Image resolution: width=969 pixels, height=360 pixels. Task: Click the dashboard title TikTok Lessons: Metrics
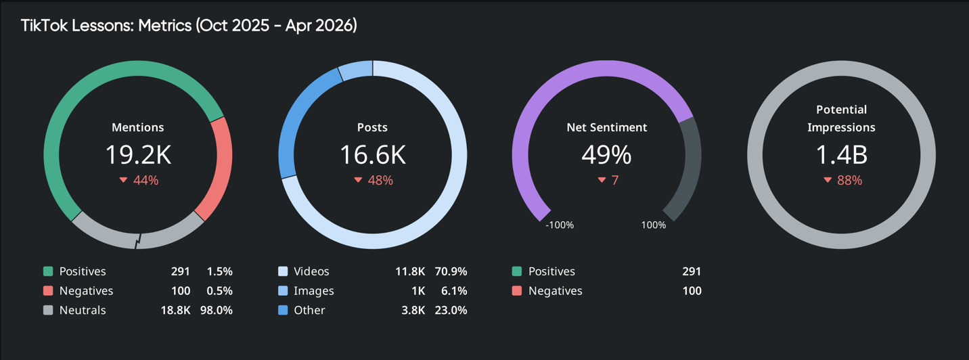tap(189, 26)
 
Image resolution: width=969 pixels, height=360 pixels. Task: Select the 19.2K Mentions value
tap(138, 155)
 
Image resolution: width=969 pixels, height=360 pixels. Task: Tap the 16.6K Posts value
tap(373, 155)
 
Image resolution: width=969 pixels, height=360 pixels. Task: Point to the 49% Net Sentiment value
tap(606, 155)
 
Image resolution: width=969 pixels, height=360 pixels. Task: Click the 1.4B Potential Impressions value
tap(841, 155)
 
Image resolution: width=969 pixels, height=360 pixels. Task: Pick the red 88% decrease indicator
tap(842, 181)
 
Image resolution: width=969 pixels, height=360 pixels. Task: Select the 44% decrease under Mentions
tap(139, 181)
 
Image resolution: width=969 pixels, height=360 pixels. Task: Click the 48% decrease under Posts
tap(374, 181)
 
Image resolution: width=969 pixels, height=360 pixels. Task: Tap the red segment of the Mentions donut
tap(219, 169)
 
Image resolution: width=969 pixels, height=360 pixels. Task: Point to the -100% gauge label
tap(560, 225)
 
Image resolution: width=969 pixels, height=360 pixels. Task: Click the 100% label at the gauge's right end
tap(653, 225)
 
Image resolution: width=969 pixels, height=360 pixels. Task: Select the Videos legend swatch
tap(283, 271)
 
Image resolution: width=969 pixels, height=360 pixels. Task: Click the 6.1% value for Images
tap(454, 291)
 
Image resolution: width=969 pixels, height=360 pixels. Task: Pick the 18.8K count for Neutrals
tap(178, 311)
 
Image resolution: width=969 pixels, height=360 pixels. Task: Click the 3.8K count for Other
tap(413, 311)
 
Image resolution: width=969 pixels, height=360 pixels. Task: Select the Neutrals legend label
tap(83, 311)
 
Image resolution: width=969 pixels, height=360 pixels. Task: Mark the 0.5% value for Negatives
tap(220, 291)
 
